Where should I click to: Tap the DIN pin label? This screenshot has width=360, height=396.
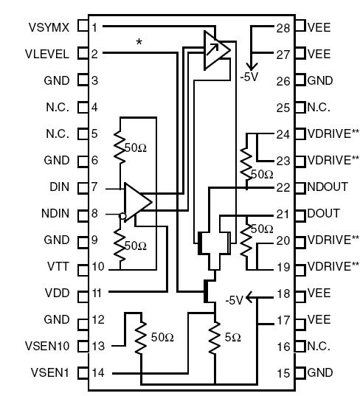[x=59, y=187]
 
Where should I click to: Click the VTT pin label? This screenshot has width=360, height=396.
[x=59, y=266]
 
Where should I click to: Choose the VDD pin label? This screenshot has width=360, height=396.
[x=58, y=293]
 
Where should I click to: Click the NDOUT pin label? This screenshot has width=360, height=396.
[x=325, y=187]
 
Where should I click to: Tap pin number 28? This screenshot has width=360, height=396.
[x=283, y=27]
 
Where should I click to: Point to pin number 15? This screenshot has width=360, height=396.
[x=283, y=372]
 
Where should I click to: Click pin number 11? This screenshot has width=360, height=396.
[x=96, y=293]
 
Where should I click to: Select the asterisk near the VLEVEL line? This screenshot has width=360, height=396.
[x=139, y=43]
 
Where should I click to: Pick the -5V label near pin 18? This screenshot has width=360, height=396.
[x=234, y=299]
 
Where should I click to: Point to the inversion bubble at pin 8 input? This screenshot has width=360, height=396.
[x=122, y=216]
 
